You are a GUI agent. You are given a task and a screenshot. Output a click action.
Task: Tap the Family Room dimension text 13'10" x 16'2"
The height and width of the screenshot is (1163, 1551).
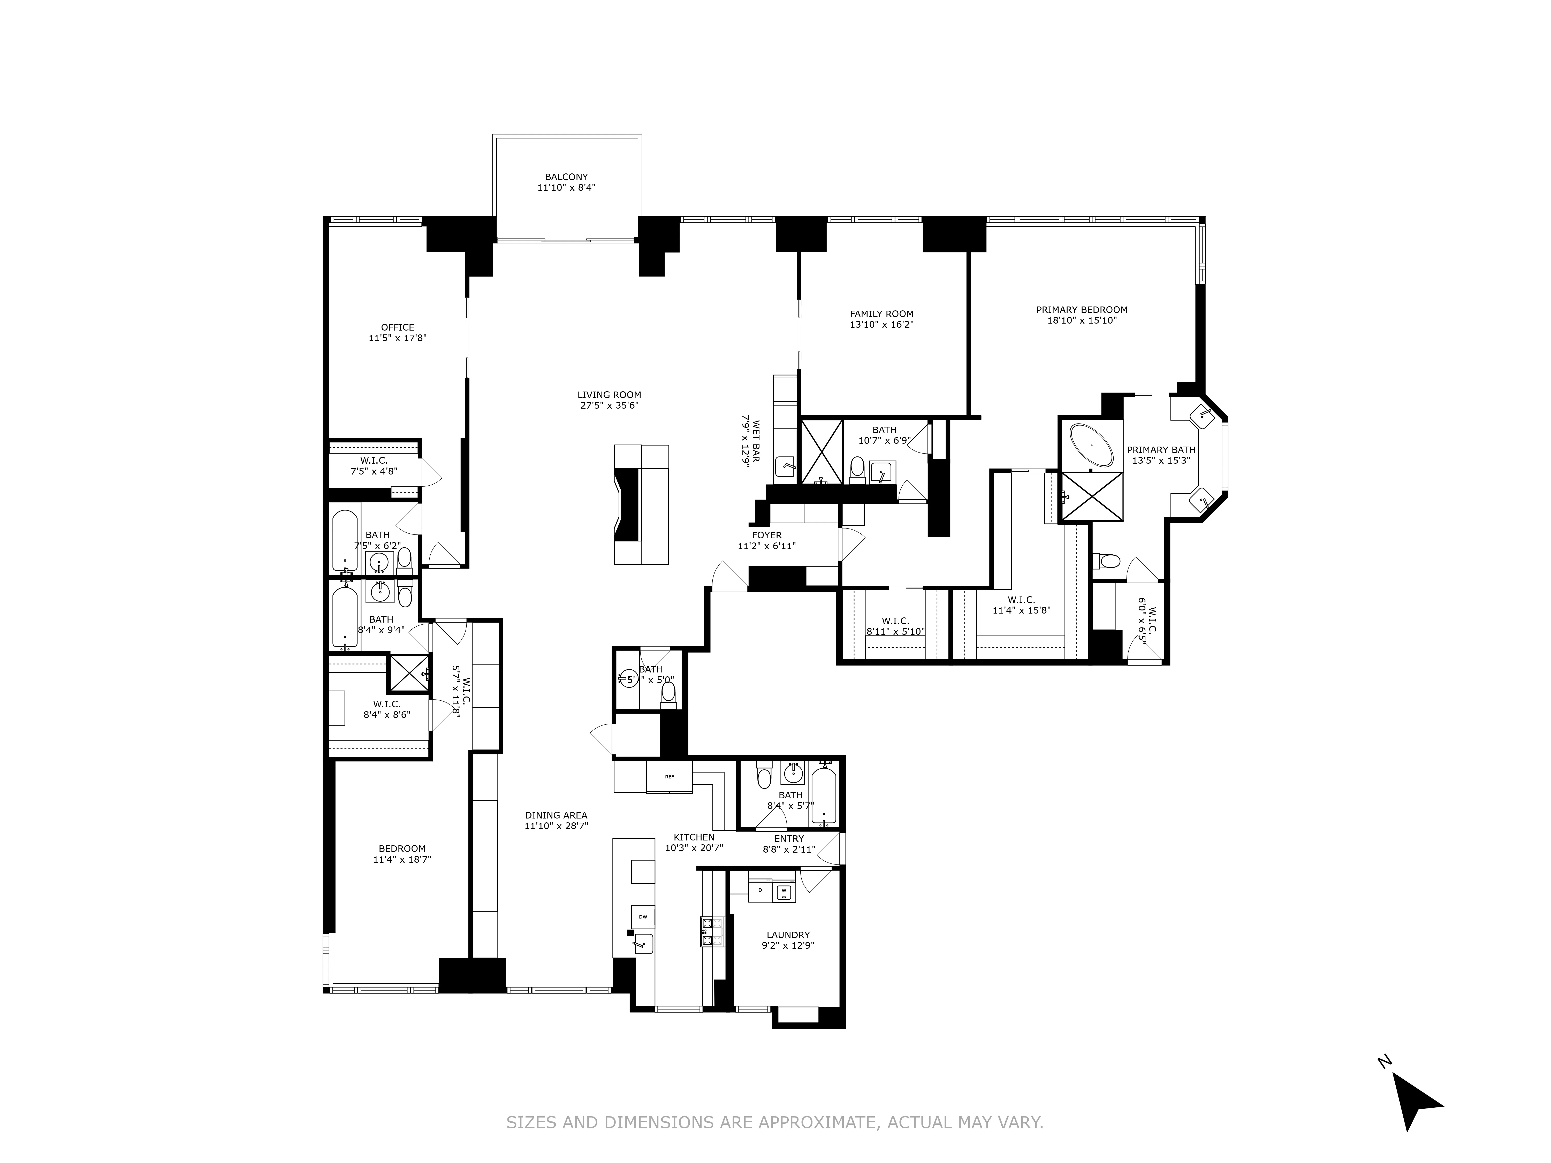coord(881,325)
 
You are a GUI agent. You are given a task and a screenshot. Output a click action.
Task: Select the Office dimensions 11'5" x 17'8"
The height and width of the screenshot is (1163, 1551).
coord(398,338)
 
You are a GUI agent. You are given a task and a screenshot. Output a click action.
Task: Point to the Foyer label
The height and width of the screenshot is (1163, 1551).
coord(766,535)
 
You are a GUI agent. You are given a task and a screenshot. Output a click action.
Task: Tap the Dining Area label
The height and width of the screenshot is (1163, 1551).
coord(556,815)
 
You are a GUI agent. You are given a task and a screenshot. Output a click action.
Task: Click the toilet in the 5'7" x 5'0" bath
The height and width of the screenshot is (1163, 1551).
coord(668,693)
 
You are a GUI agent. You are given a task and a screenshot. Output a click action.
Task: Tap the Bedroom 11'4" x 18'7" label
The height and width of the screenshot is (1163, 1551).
coord(402,849)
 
